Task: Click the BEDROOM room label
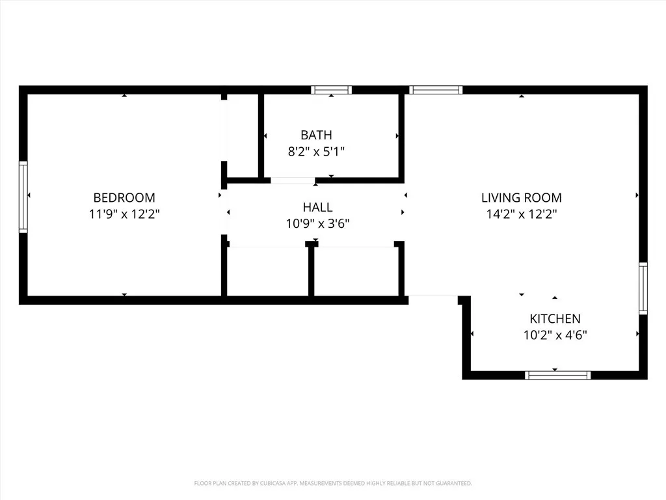pos(124,197)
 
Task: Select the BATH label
pos(316,135)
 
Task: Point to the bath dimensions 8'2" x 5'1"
pos(316,151)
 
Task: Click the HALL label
pos(317,207)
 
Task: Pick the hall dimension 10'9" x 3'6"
pos(317,223)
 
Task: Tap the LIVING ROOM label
pos(521,197)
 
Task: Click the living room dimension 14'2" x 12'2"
pos(521,213)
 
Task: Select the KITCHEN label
pos(555,319)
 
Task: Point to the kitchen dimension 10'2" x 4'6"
pos(555,335)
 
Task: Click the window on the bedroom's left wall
pos(23,197)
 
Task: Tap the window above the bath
pos(331,90)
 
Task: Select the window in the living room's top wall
pos(436,90)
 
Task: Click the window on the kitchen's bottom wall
pos(557,375)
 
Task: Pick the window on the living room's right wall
pos(643,288)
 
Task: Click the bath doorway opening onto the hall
pos(293,180)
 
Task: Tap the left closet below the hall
pos(267,271)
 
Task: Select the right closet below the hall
pos(356,271)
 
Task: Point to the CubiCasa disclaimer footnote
pos(333,483)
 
